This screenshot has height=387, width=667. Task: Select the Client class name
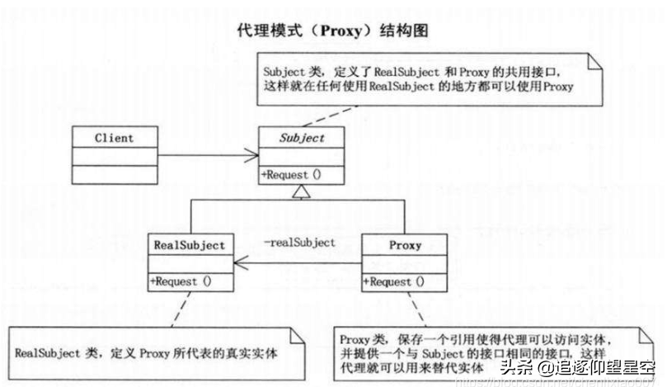point(114,137)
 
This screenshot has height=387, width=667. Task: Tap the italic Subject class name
point(302,138)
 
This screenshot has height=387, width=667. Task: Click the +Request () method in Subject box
point(292,174)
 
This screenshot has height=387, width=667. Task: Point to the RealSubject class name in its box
point(190,245)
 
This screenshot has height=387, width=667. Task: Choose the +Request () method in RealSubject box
point(181,281)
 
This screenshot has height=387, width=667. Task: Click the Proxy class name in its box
point(405,245)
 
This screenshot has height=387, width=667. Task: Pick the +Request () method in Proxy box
point(397,281)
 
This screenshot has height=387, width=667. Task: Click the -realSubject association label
point(299,242)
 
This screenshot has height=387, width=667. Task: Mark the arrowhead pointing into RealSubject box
point(238,263)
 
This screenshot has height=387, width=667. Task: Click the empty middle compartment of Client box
point(114,155)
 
